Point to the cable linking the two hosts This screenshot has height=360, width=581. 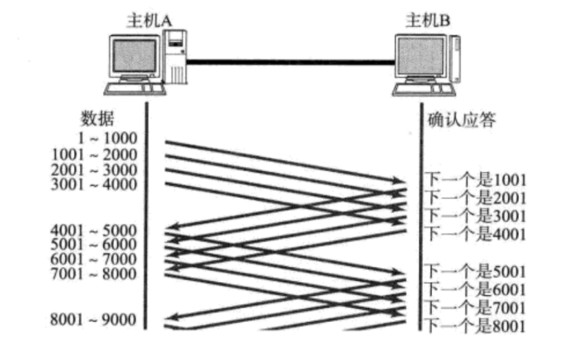[290, 62]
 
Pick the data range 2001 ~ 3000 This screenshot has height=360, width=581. [95, 170]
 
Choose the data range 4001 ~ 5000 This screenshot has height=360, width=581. [95, 230]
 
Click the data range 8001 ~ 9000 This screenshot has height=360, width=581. [95, 319]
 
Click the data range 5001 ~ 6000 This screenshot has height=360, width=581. [95, 245]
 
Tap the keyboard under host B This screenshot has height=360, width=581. [422, 90]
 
